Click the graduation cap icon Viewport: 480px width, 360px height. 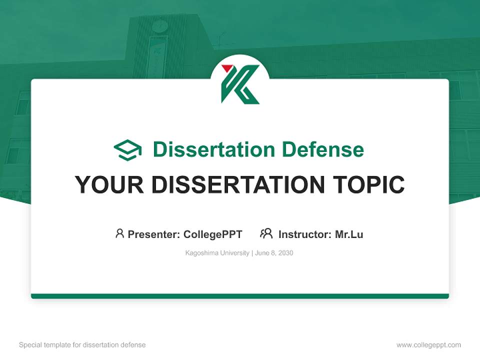click(x=127, y=150)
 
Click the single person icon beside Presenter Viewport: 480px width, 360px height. click(x=119, y=233)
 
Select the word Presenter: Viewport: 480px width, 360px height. click(x=154, y=234)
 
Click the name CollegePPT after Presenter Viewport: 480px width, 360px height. click(x=212, y=234)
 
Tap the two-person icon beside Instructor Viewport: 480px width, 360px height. click(x=266, y=233)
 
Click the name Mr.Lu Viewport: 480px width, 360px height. click(x=349, y=234)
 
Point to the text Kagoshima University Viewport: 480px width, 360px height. click(x=217, y=253)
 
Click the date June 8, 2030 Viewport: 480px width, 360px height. click(x=274, y=253)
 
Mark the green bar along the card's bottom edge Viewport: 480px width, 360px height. click(x=240, y=296)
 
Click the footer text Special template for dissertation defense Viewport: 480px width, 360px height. click(x=82, y=345)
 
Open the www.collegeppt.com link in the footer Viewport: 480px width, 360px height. click(x=428, y=345)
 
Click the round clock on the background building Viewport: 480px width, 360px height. click(x=160, y=25)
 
